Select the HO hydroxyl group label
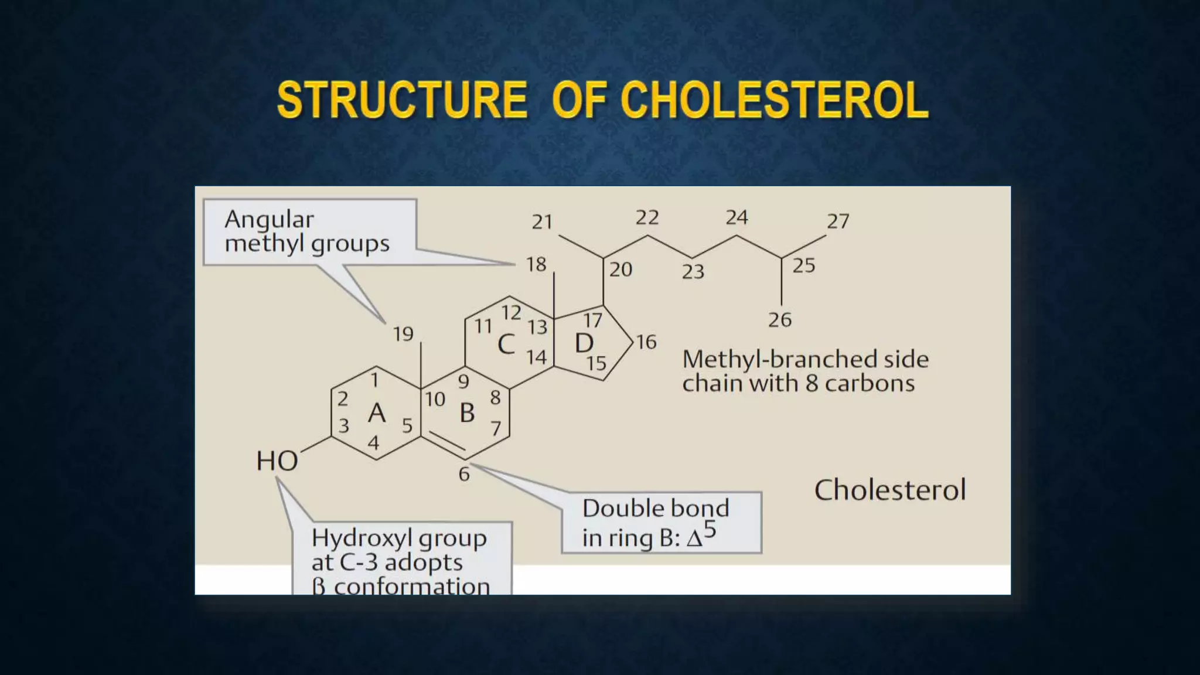click(x=277, y=461)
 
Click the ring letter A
click(x=377, y=413)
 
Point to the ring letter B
click(x=467, y=413)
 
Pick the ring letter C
click(x=506, y=345)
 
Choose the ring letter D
click(x=584, y=343)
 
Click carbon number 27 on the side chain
click(x=838, y=221)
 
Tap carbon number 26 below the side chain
click(x=780, y=320)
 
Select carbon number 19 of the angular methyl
click(x=403, y=334)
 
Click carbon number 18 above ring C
click(x=536, y=265)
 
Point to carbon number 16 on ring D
click(x=646, y=342)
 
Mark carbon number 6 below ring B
click(x=464, y=474)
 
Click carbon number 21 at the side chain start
click(x=542, y=222)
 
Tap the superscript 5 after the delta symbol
click(x=710, y=530)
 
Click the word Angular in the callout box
click(x=269, y=220)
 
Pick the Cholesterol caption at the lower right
click(x=890, y=490)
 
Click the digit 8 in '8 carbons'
click(x=812, y=384)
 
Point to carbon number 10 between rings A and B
click(x=435, y=400)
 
